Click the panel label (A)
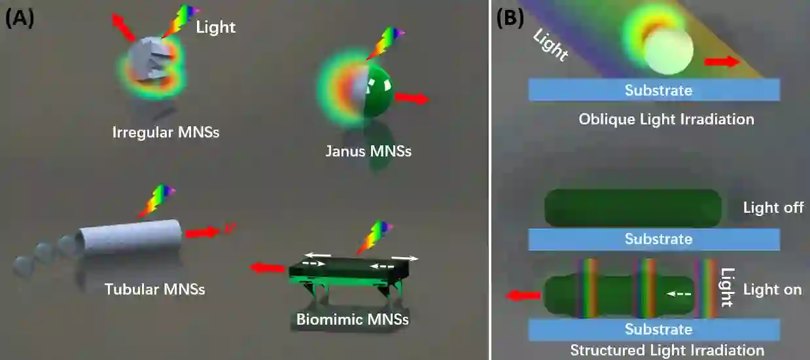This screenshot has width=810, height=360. [19, 18]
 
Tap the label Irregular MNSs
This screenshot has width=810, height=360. [166, 132]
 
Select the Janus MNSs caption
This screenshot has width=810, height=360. [368, 151]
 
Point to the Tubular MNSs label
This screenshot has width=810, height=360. [155, 289]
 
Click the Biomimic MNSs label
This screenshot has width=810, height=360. [353, 320]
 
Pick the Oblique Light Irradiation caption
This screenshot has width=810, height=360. [666, 119]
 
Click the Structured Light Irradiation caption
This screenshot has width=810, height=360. [667, 350]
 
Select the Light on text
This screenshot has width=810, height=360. [773, 289]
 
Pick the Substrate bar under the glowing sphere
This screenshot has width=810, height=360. [654, 90]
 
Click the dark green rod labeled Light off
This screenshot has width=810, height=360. [633, 208]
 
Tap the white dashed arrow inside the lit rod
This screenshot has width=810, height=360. [679, 294]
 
